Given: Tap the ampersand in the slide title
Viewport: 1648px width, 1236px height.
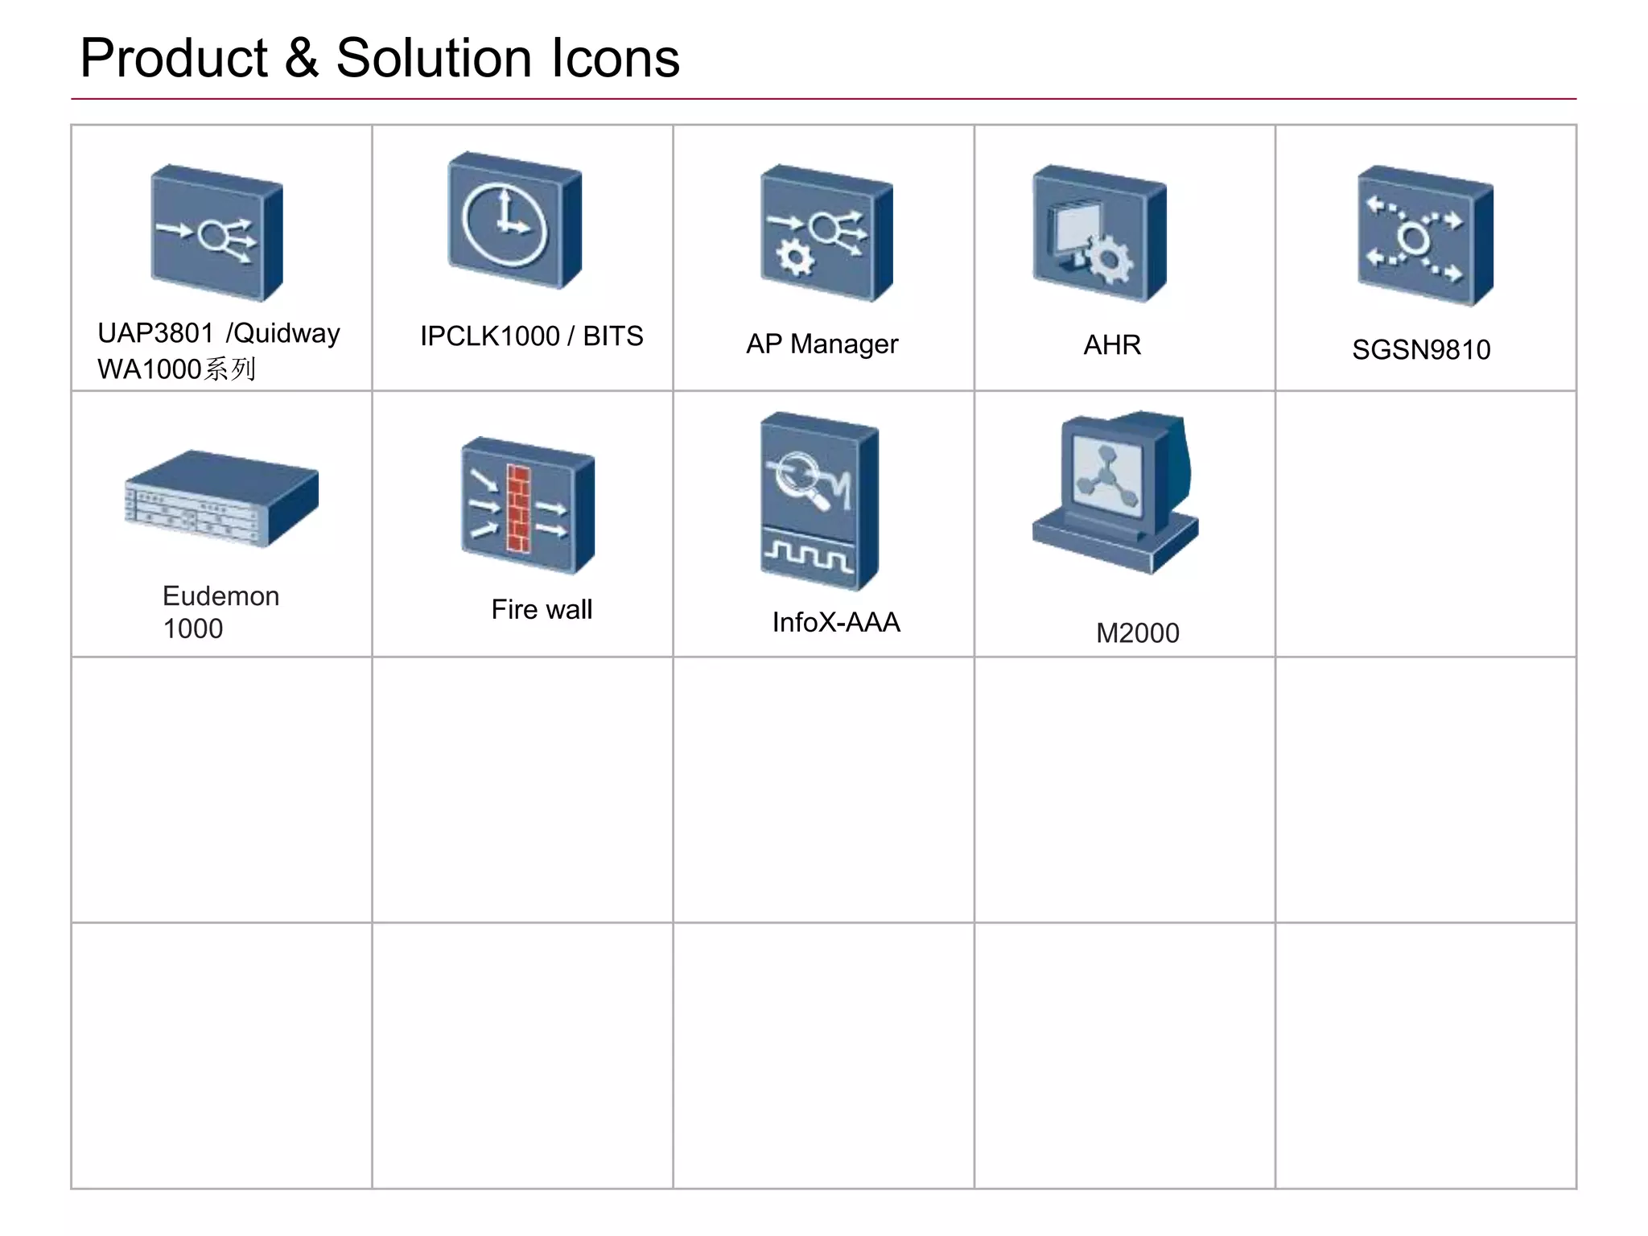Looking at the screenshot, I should [301, 59].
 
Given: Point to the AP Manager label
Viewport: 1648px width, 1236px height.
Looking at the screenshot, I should [822, 344].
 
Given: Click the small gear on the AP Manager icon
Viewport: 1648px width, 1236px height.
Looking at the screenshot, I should [795, 257].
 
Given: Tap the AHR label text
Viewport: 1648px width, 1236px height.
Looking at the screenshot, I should [1112, 345].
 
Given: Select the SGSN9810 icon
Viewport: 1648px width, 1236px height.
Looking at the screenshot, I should [1424, 236].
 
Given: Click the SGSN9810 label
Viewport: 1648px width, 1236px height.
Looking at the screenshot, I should [1421, 350].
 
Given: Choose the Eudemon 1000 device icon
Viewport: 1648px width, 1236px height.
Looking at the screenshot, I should [221, 499].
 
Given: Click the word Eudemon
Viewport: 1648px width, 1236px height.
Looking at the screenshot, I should [220, 596].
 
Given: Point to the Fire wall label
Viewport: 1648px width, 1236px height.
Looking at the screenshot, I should [542, 610].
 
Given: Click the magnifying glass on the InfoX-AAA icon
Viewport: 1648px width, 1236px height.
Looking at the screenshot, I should [800, 479].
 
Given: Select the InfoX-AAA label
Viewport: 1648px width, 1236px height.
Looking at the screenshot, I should [836, 623].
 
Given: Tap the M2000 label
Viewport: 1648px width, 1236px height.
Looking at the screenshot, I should [1137, 633].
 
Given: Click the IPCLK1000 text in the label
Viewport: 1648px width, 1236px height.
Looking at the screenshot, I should [489, 336].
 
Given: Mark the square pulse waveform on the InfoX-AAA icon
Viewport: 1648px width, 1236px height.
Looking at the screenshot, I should [808, 555].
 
